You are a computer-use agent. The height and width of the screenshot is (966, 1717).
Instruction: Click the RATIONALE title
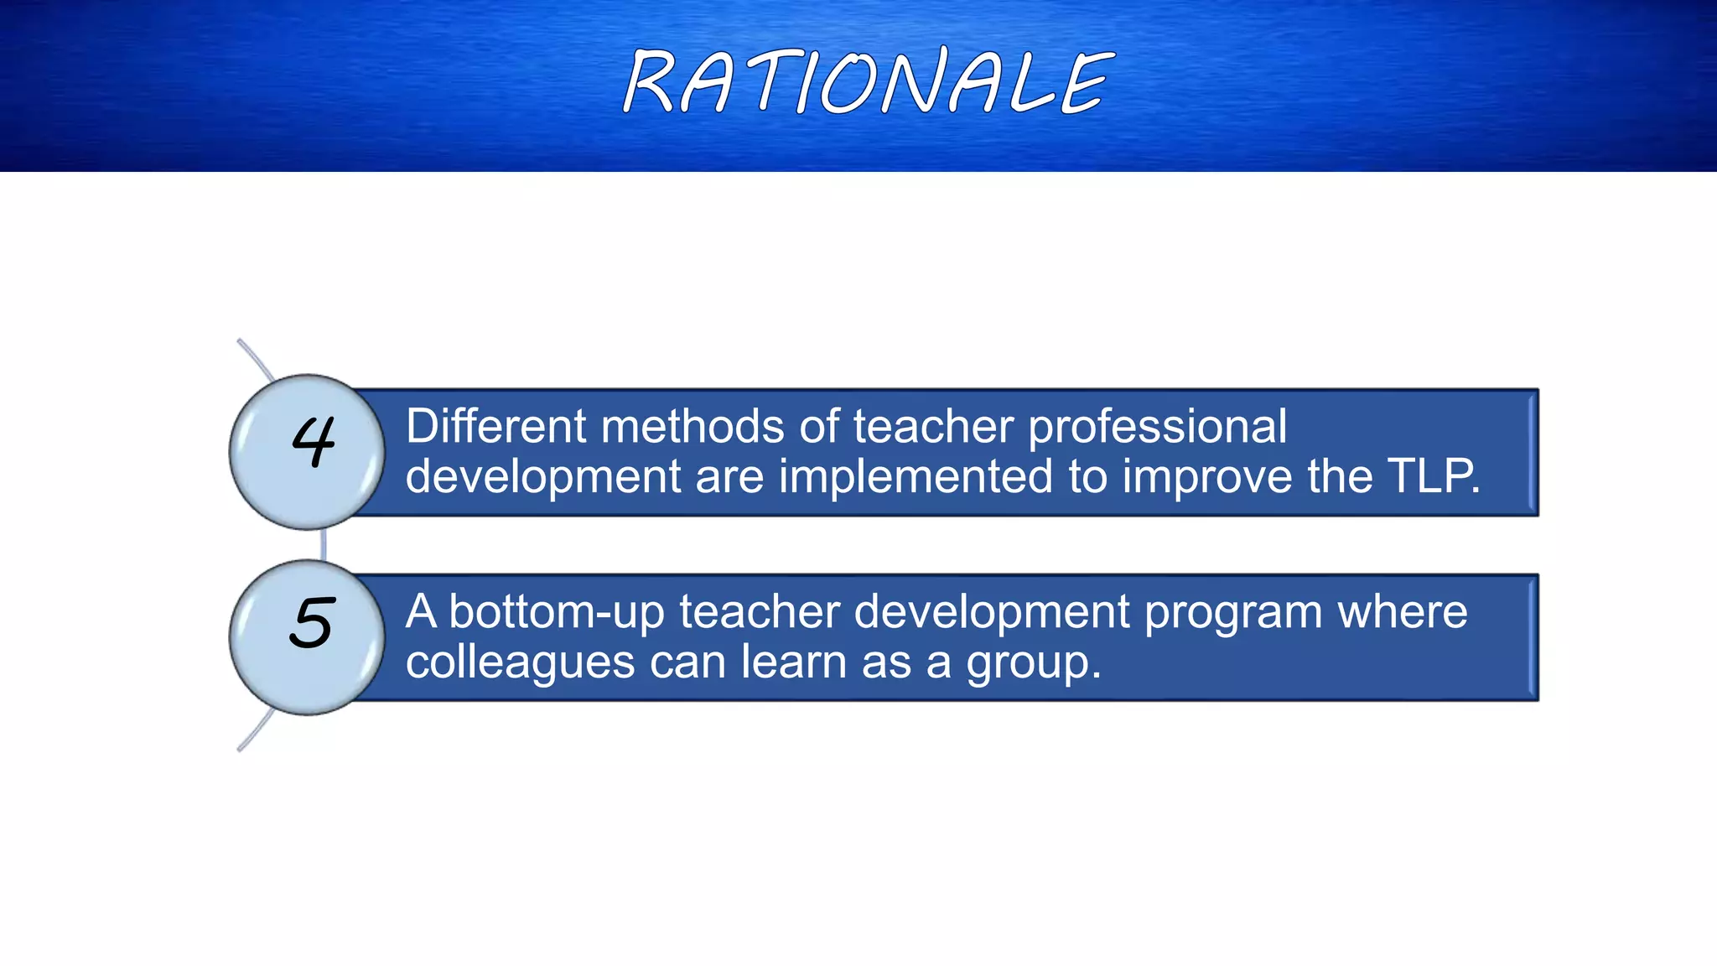click(x=868, y=81)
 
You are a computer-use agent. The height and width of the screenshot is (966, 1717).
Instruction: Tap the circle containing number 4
click(x=307, y=452)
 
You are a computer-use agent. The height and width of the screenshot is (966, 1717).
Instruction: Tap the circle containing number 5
click(x=307, y=637)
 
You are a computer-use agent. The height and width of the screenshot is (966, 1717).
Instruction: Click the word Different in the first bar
click(x=496, y=426)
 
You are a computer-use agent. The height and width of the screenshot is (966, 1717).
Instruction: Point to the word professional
click(x=1157, y=426)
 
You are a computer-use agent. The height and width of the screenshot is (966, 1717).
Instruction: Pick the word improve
click(x=1207, y=478)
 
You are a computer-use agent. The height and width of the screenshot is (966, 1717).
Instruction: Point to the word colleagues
click(x=520, y=663)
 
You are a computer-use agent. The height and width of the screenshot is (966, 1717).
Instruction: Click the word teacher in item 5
click(x=759, y=611)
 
